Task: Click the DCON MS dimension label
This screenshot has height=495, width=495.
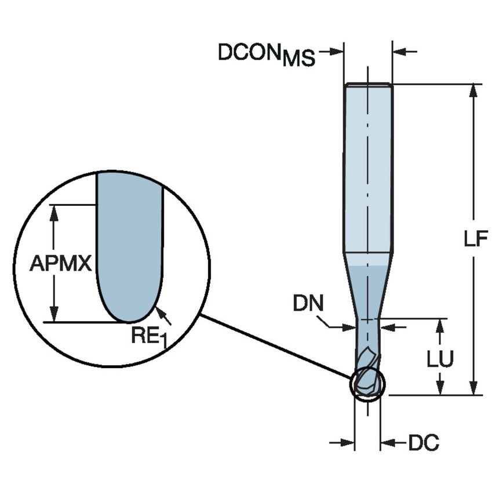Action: point(266,54)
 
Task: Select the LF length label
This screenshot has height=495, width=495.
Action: point(476,239)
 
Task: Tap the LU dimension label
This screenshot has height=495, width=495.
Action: point(441,359)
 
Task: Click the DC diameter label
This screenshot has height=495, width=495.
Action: point(424,443)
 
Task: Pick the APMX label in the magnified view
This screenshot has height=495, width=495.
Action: point(60,264)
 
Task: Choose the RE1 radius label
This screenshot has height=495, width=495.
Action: point(148,336)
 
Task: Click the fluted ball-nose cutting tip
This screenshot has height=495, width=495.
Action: point(367,374)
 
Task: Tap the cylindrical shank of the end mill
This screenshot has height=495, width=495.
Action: point(368,168)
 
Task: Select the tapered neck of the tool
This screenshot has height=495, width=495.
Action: point(367,287)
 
